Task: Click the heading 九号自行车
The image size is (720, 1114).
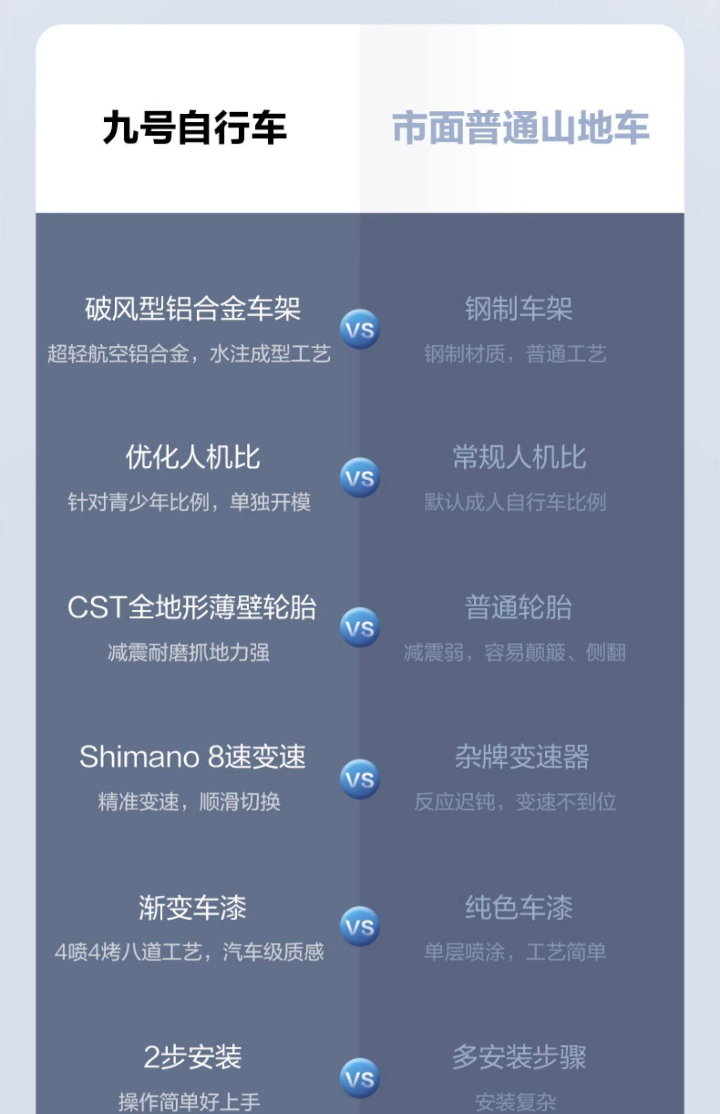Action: [x=194, y=128]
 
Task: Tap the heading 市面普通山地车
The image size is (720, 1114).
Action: [x=521, y=128]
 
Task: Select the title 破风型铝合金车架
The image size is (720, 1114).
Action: [x=192, y=308]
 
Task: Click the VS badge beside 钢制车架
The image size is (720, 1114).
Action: [x=360, y=330]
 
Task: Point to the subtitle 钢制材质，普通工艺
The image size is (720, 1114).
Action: [x=515, y=354]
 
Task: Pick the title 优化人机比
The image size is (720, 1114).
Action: [x=192, y=457]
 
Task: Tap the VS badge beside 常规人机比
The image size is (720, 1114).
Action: [x=360, y=478]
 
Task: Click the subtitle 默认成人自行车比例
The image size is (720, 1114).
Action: [x=515, y=502]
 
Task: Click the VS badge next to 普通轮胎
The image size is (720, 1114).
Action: [x=360, y=628]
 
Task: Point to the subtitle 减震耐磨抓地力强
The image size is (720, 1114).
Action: [x=189, y=652]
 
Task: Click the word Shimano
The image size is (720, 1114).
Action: [x=139, y=757]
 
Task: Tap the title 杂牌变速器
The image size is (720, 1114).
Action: [x=521, y=757]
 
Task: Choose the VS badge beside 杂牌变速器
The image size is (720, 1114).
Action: [x=360, y=779]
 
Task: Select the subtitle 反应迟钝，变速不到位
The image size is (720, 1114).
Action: [x=515, y=802]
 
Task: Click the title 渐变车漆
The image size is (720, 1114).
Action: [x=192, y=908]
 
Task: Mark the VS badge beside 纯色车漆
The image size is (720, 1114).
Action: [x=360, y=927]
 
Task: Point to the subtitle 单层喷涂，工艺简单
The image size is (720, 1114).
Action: [x=515, y=952]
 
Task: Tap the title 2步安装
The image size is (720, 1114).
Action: [x=192, y=1056]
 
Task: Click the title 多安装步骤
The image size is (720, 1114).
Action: [x=519, y=1056]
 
